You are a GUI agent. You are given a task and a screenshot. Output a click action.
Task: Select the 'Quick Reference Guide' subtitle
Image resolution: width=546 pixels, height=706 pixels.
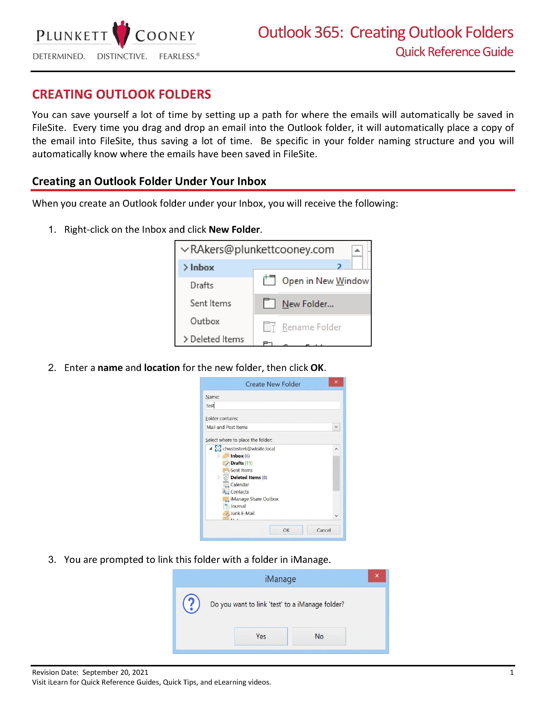click(454, 52)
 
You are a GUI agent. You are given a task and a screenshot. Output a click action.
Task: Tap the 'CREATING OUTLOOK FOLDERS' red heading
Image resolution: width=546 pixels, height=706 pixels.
click(122, 94)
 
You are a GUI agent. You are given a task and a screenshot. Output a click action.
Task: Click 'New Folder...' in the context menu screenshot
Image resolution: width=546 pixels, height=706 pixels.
click(308, 304)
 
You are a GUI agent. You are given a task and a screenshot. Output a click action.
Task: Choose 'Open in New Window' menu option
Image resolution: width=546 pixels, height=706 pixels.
click(325, 281)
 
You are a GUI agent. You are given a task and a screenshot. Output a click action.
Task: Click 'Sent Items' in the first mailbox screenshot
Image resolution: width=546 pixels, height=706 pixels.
click(210, 303)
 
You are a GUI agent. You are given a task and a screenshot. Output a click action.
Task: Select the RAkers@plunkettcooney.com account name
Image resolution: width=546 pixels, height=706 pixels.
click(262, 249)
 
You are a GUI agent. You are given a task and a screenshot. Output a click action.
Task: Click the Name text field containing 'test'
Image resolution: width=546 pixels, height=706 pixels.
click(273, 405)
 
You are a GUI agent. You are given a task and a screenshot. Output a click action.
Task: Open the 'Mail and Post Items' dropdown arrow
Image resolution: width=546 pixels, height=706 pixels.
click(336, 427)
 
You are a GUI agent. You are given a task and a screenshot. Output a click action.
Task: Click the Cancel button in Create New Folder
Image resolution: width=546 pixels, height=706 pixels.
click(324, 530)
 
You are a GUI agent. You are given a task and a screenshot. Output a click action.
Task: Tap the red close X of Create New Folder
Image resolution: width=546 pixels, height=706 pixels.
click(336, 382)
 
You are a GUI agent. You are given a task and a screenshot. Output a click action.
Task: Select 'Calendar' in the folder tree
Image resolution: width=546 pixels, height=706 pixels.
click(240, 485)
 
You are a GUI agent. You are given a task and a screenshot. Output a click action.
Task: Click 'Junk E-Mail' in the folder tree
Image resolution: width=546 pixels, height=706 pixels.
click(242, 513)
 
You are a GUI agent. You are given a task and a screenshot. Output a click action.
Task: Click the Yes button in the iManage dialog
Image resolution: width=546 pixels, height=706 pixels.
click(261, 636)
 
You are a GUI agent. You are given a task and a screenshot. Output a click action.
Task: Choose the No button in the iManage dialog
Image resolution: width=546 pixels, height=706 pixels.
click(319, 636)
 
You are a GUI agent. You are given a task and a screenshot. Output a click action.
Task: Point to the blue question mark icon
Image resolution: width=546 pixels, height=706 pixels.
click(191, 604)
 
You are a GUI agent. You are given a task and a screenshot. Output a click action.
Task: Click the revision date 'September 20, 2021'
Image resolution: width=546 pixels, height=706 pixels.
click(115, 672)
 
